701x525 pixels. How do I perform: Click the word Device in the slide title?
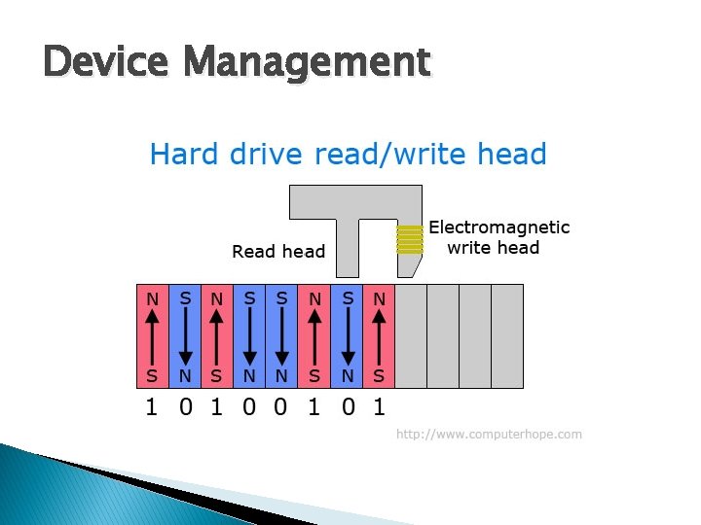pos(108,63)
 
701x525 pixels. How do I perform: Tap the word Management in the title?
pos(308,63)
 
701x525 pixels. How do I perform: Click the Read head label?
pos(278,252)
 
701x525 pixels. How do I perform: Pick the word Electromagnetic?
pos(498,227)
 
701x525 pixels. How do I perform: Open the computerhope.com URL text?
pos(489,434)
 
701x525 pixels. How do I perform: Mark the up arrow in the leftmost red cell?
pos(152,337)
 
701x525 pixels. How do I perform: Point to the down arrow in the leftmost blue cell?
pos(185,337)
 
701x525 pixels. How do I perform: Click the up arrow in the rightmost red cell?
pos(379,337)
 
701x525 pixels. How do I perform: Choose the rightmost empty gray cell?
pos(507,336)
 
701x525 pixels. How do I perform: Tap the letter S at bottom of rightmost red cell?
pos(379,375)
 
